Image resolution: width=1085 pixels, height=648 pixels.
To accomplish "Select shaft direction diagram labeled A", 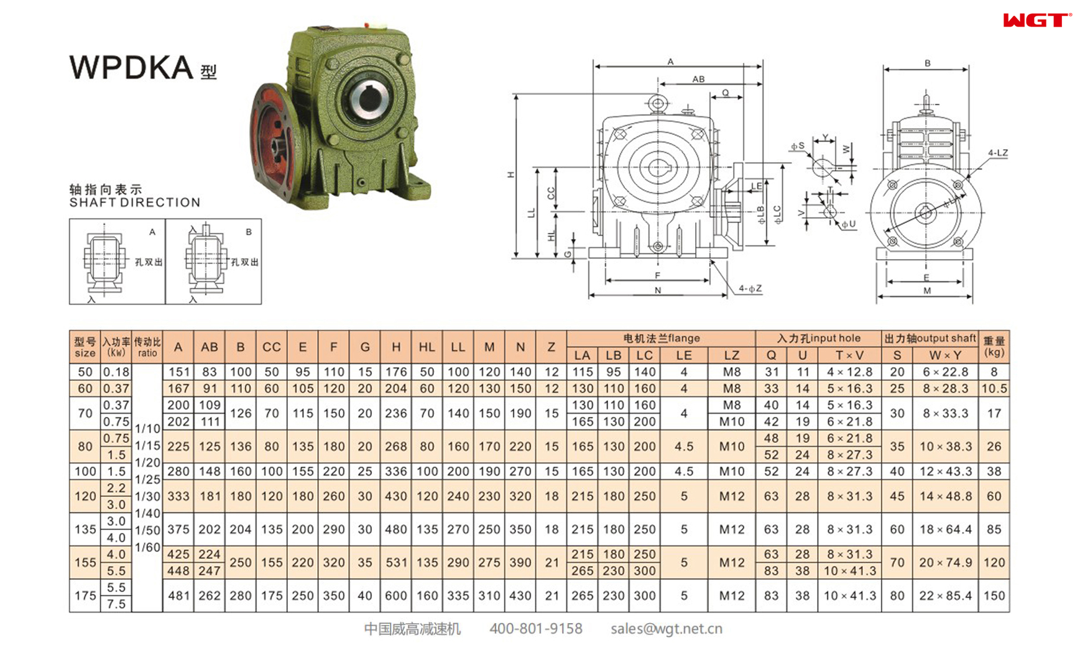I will [117, 262].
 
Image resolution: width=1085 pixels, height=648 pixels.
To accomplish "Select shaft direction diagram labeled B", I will [213, 262].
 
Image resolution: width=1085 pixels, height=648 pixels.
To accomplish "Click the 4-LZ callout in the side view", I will [997, 153].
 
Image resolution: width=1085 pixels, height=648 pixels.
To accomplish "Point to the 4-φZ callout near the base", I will [750, 288].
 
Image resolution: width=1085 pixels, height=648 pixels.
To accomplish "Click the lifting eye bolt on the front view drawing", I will [658, 103].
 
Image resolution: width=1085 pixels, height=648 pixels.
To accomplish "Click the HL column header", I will [427, 347].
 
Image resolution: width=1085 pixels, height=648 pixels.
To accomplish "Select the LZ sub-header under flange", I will [731, 355].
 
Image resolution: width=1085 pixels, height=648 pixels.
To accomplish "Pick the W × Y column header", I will [945, 355].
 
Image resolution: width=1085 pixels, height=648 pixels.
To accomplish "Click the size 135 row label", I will [85, 529].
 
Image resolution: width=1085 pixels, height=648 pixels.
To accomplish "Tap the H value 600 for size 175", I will [395, 595].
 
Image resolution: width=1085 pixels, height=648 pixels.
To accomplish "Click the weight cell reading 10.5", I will [994, 388].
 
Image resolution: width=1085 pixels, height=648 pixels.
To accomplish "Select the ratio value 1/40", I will [147, 513].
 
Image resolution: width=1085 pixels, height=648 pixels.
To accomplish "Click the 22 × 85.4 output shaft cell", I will [945, 595].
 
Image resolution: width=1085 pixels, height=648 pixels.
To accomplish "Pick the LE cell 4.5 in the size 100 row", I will [683, 471].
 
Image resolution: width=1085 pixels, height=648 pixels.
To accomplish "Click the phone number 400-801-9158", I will [535, 629].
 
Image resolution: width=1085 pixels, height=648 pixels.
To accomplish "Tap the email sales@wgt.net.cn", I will [666, 629].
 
